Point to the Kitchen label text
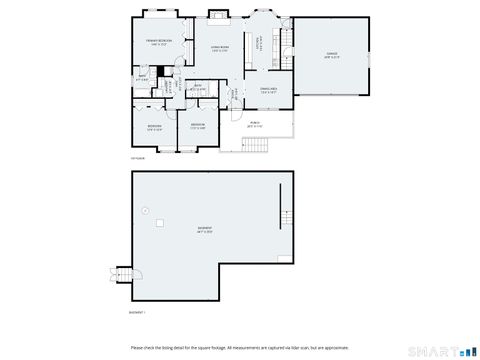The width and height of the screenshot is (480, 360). (258, 44)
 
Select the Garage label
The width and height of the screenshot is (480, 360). (332, 55)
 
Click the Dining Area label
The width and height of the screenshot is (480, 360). (268, 90)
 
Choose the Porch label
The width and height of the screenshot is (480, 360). (254, 125)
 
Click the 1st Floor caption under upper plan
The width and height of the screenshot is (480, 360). (137, 158)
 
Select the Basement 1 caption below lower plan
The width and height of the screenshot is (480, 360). (138, 312)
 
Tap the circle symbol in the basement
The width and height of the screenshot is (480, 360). (146, 210)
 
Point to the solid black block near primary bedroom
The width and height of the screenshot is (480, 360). (159, 71)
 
